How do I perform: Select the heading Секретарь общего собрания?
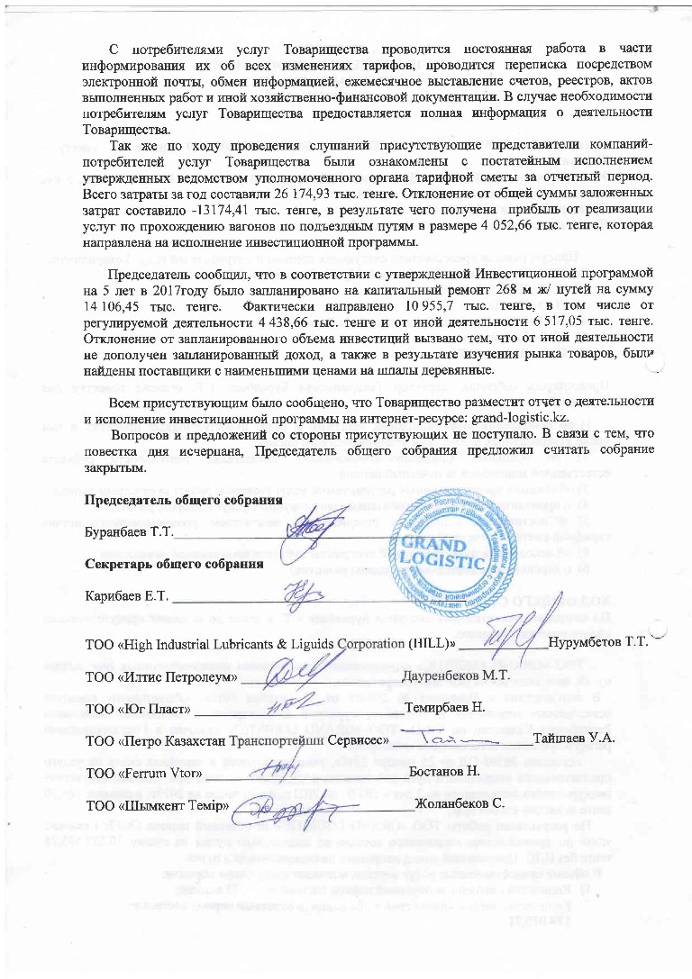(173, 565)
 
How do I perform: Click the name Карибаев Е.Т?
(124, 597)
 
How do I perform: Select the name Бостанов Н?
(443, 773)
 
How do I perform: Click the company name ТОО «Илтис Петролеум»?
(160, 675)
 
